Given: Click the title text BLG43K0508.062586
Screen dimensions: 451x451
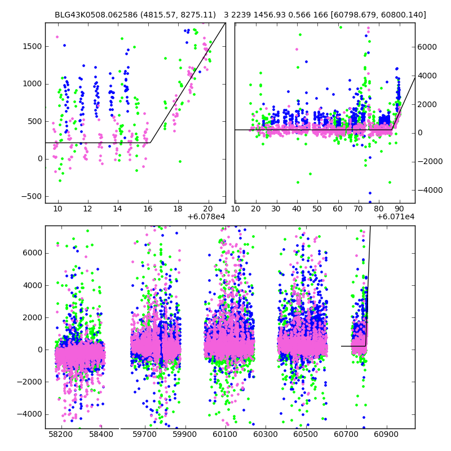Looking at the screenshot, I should click(x=94, y=15).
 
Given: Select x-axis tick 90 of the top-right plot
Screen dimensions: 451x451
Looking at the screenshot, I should click(x=399, y=209).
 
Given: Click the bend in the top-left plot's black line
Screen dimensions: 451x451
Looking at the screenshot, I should click(x=150, y=143).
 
